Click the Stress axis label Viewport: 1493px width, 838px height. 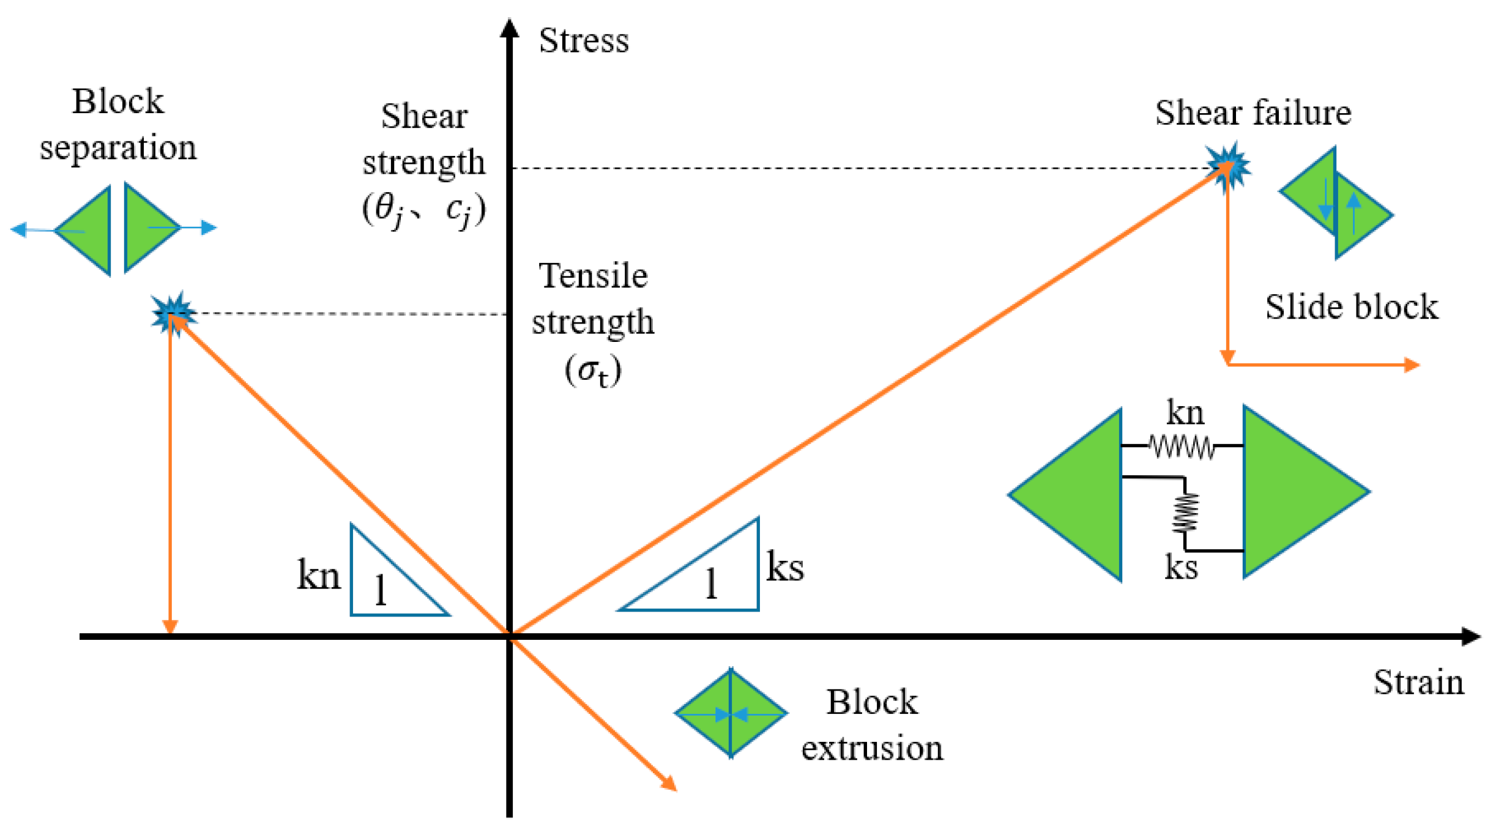[x=583, y=41]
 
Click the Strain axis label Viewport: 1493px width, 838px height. [x=1418, y=683]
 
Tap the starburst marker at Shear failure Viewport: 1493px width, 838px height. [x=1227, y=165]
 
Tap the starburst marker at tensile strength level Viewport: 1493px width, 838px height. [x=174, y=314]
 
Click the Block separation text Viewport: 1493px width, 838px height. [x=118, y=124]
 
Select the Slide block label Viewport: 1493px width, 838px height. [x=1351, y=307]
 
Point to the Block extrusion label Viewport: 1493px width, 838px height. [x=872, y=725]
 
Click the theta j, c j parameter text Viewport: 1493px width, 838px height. [x=424, y=210]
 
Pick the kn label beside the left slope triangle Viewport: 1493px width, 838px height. [x=318, y=576]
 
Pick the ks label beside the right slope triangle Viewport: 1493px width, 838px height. [x=785, y=567]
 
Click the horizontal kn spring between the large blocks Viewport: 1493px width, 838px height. [x=1181, y=447]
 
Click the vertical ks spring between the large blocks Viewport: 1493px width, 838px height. [x=1185, y=513]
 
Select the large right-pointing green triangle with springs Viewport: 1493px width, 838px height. [x=1291, y=491]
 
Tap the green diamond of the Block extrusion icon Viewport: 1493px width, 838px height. [x=731, y=713]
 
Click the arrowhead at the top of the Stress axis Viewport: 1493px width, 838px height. [x=509, y=28]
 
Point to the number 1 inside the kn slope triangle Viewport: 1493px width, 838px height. [x=381, y=591]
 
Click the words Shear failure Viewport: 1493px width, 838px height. [x=1253, y=113]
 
